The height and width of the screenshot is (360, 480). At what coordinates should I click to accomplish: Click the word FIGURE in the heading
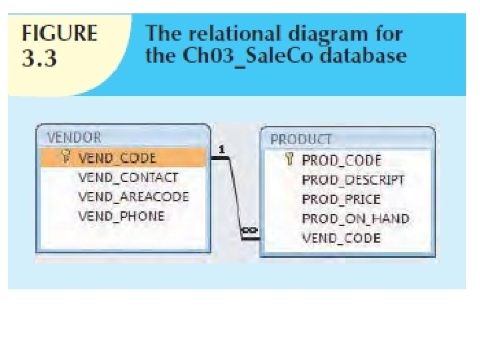60,34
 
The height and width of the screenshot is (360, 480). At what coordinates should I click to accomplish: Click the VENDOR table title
74,137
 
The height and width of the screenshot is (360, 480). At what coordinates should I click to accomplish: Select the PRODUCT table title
301,139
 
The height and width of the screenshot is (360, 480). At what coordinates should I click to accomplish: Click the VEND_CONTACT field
128,177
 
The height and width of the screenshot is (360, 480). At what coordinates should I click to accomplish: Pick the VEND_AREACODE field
133,197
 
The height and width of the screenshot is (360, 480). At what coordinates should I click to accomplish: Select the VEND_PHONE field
121,216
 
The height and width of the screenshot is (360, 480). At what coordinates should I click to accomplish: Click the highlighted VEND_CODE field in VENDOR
117,158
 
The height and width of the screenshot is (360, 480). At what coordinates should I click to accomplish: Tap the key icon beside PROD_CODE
289,159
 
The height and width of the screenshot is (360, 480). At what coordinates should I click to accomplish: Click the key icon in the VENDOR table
65,157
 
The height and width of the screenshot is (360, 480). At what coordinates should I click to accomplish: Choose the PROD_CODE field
341,160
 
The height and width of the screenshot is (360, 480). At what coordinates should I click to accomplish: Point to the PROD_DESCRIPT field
353,180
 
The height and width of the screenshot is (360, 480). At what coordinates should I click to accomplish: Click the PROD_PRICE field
341,199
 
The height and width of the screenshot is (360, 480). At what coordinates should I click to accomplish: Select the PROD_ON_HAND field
355,219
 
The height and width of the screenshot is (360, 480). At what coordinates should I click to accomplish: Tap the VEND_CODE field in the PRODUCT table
341,238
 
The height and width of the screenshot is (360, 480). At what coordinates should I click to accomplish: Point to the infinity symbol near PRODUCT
249,231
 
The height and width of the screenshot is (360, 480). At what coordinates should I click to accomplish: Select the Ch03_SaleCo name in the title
245,55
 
